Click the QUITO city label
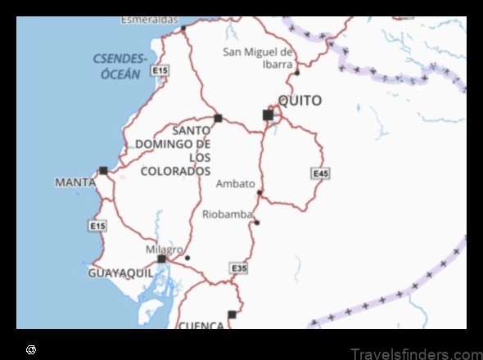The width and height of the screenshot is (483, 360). coord(300,101)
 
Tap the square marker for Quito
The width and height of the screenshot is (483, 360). coord(268,115)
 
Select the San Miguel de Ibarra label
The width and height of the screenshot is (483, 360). coord(259,58)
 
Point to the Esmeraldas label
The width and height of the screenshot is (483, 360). coord(149,19)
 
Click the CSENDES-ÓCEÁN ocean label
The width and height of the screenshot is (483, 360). coord(120,65)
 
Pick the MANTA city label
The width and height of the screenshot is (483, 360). coord(75,182)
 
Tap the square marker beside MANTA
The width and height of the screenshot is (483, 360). coord(103,170)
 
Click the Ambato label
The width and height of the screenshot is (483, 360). coord(235,183)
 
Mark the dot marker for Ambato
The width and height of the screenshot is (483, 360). coord(260,193)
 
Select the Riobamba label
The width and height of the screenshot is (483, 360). coord(226,214)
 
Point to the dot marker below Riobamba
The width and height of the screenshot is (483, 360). coord(256,223)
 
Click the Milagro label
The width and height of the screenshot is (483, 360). coord(164,249)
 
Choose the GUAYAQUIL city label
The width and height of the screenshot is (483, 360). coord(120,273)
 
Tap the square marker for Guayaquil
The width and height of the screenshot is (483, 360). coord(161,259)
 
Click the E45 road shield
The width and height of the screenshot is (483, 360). coord(320,173)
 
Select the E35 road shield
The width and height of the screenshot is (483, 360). coord(238,268)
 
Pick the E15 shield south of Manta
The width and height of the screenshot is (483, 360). coord(97,225)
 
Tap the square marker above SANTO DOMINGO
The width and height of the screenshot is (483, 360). coord(218,118)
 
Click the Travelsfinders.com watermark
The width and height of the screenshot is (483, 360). coord(415,353)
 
